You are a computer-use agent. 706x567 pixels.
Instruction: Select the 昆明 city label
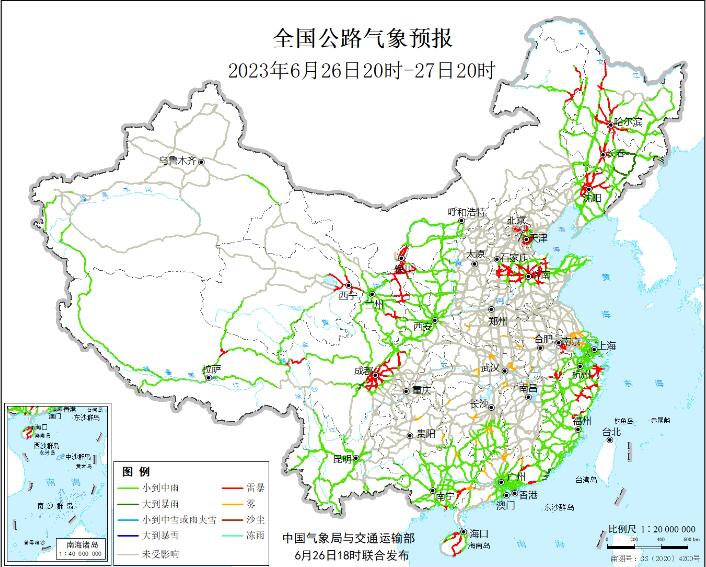click(341, 459)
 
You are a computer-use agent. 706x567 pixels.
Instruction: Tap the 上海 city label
click(606, 345)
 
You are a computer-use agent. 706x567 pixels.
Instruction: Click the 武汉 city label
click(492, 368)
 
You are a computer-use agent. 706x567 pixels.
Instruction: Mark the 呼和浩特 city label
click(465, 212)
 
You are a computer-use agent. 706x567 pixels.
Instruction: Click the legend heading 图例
click(136, 471)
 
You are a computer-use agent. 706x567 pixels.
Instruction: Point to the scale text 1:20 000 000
click(668, 525)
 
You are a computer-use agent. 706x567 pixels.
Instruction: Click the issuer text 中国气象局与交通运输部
click(347, 538)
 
